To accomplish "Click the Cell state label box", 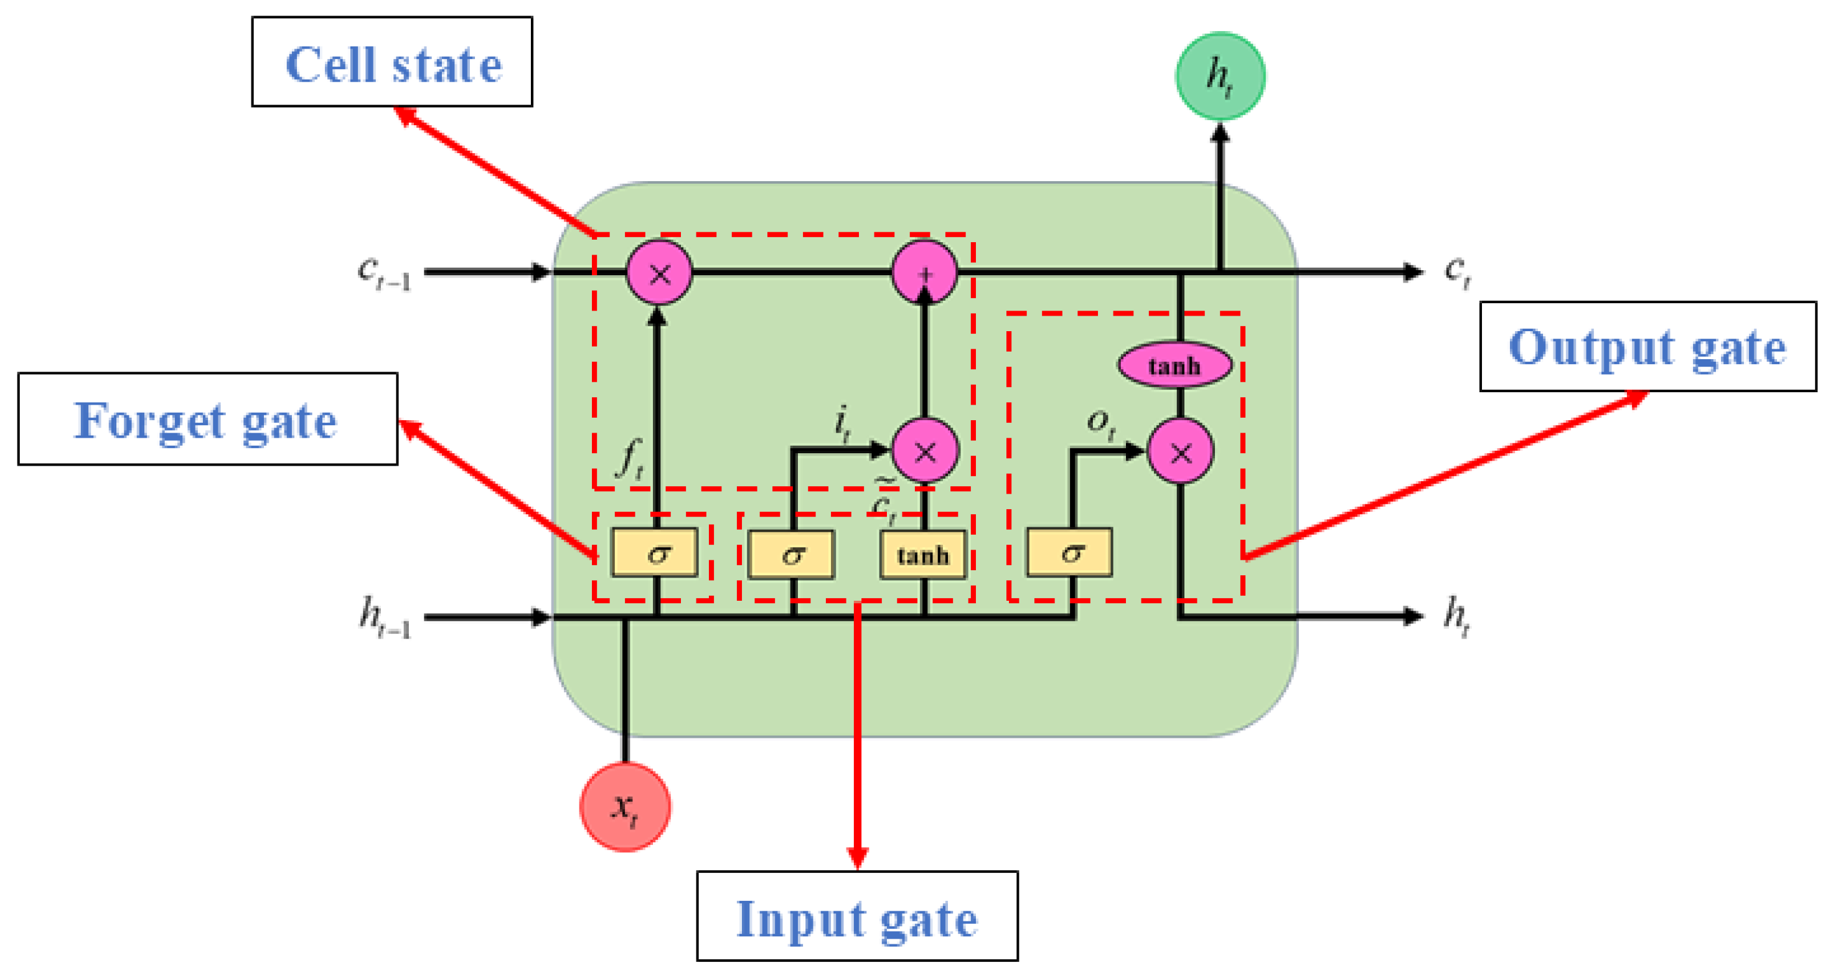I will [391, 62].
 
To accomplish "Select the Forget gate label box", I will [207, 420].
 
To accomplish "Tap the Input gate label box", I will [857, 917].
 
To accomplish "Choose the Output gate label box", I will [1647, 346].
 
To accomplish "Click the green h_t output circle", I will [1220, 75].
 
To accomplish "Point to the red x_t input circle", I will [624, 807].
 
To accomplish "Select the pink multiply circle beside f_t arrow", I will [659, 273].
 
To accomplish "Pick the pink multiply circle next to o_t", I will [1181, 451].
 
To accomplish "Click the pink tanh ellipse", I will [1174, 365].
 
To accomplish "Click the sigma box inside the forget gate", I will [655, 553].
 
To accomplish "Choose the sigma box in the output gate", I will [1069, 553].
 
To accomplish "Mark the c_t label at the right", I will [1458, 271].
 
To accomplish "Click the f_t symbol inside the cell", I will [629, 459].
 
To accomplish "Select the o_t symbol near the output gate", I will [1100, 424].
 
